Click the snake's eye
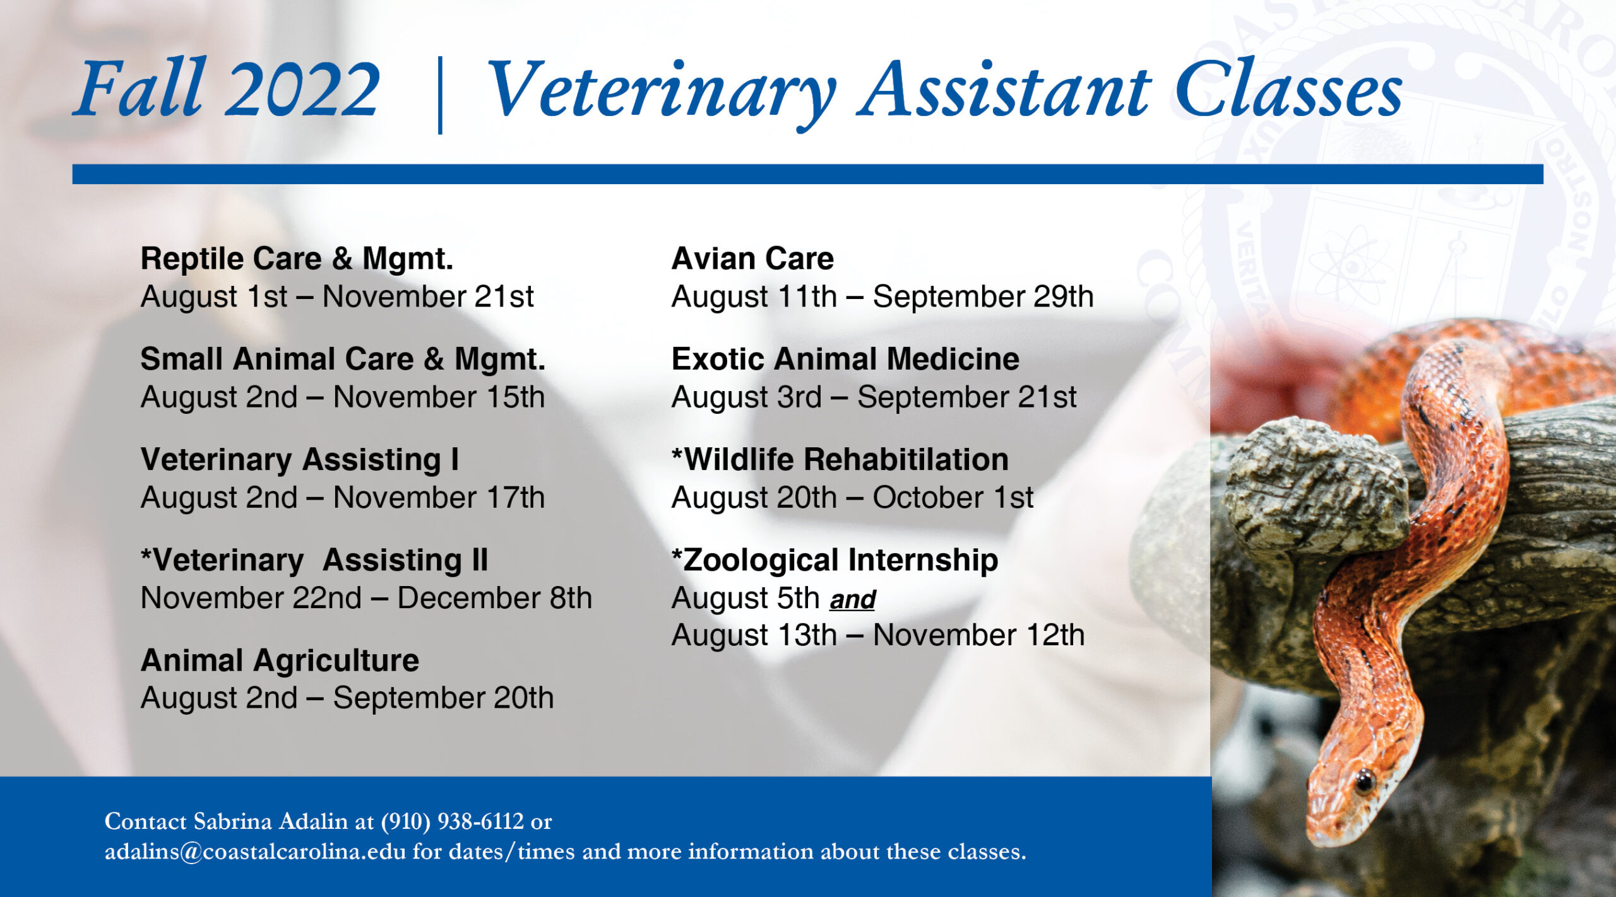click(1364, 781)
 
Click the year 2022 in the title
click(302, 90)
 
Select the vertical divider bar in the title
click(440, 95)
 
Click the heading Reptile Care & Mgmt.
click(297, 259)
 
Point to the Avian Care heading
click(752, 259)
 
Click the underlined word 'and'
click(852, 599)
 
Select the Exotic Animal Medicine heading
click(845, 359)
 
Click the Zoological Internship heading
click(835, 560)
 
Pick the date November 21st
click(428, 296)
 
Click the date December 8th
click(494, 598)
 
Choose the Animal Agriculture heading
click(280, 660)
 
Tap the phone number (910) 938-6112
click(452, 821)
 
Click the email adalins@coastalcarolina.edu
click(255, 852)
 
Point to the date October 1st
click(953, 498)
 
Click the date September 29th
click(983, 296)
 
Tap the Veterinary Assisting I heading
click(299, 459)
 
